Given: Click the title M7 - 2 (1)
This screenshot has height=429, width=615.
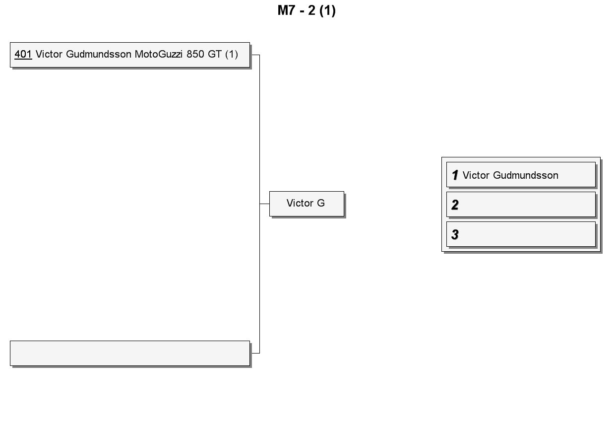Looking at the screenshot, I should click(x=307, y=11).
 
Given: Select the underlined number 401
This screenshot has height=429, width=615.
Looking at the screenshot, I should click(x=23, y=54).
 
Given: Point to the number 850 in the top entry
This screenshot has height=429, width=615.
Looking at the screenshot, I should click(x=195, y=54).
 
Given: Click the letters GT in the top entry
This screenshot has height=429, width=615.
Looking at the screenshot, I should click(x=214, y=54).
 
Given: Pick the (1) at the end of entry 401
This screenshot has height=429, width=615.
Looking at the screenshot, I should click(x=232, y=54).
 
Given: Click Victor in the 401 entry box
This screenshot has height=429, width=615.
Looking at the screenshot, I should click(x=49, y=54).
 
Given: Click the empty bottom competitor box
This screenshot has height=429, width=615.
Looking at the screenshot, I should click(x=130, y=353).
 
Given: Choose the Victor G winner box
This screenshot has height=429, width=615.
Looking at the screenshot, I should click(x=307, y=204).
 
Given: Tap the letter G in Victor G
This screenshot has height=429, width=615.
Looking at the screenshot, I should click(x=321, y=203).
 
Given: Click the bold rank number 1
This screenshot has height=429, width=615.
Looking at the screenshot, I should click(x=455, y=175).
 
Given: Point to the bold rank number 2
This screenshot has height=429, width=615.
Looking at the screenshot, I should click(x=455, y=205).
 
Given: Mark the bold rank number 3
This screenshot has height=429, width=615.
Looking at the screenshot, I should click(x=455, y=234).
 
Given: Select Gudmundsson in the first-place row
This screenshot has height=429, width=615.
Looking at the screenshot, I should click(x=526, y=175).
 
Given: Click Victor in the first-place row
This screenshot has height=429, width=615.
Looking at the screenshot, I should click(x=476, y=175).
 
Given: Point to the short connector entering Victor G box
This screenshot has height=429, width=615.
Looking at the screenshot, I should click(x=264, y=204).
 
